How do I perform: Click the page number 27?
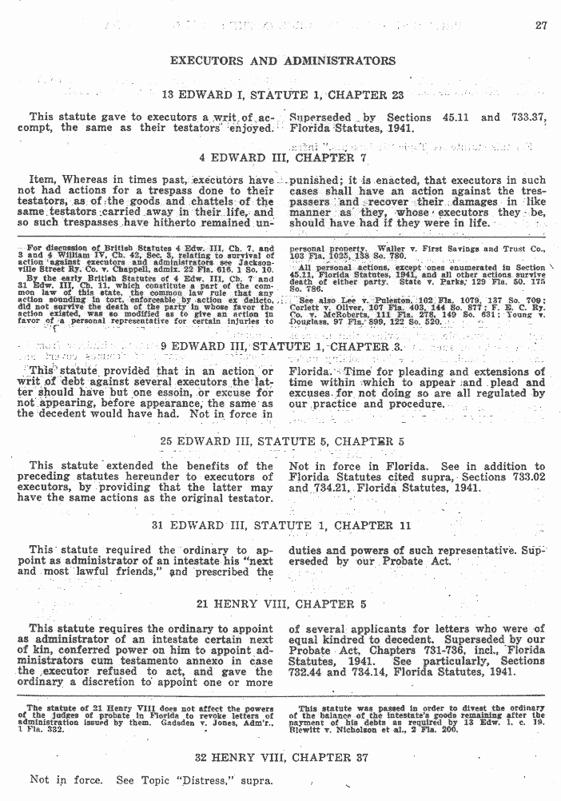click(x=541, y=25)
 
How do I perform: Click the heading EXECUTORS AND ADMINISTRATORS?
click(x=283, y=61)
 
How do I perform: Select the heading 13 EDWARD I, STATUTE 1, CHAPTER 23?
click(x=283, y=95)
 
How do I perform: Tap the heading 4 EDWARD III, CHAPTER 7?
click(x=283, y=157)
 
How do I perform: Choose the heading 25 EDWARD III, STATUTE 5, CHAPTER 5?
click(x=282, y=440)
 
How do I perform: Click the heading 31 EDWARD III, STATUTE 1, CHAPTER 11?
click(x=283, y=525)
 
